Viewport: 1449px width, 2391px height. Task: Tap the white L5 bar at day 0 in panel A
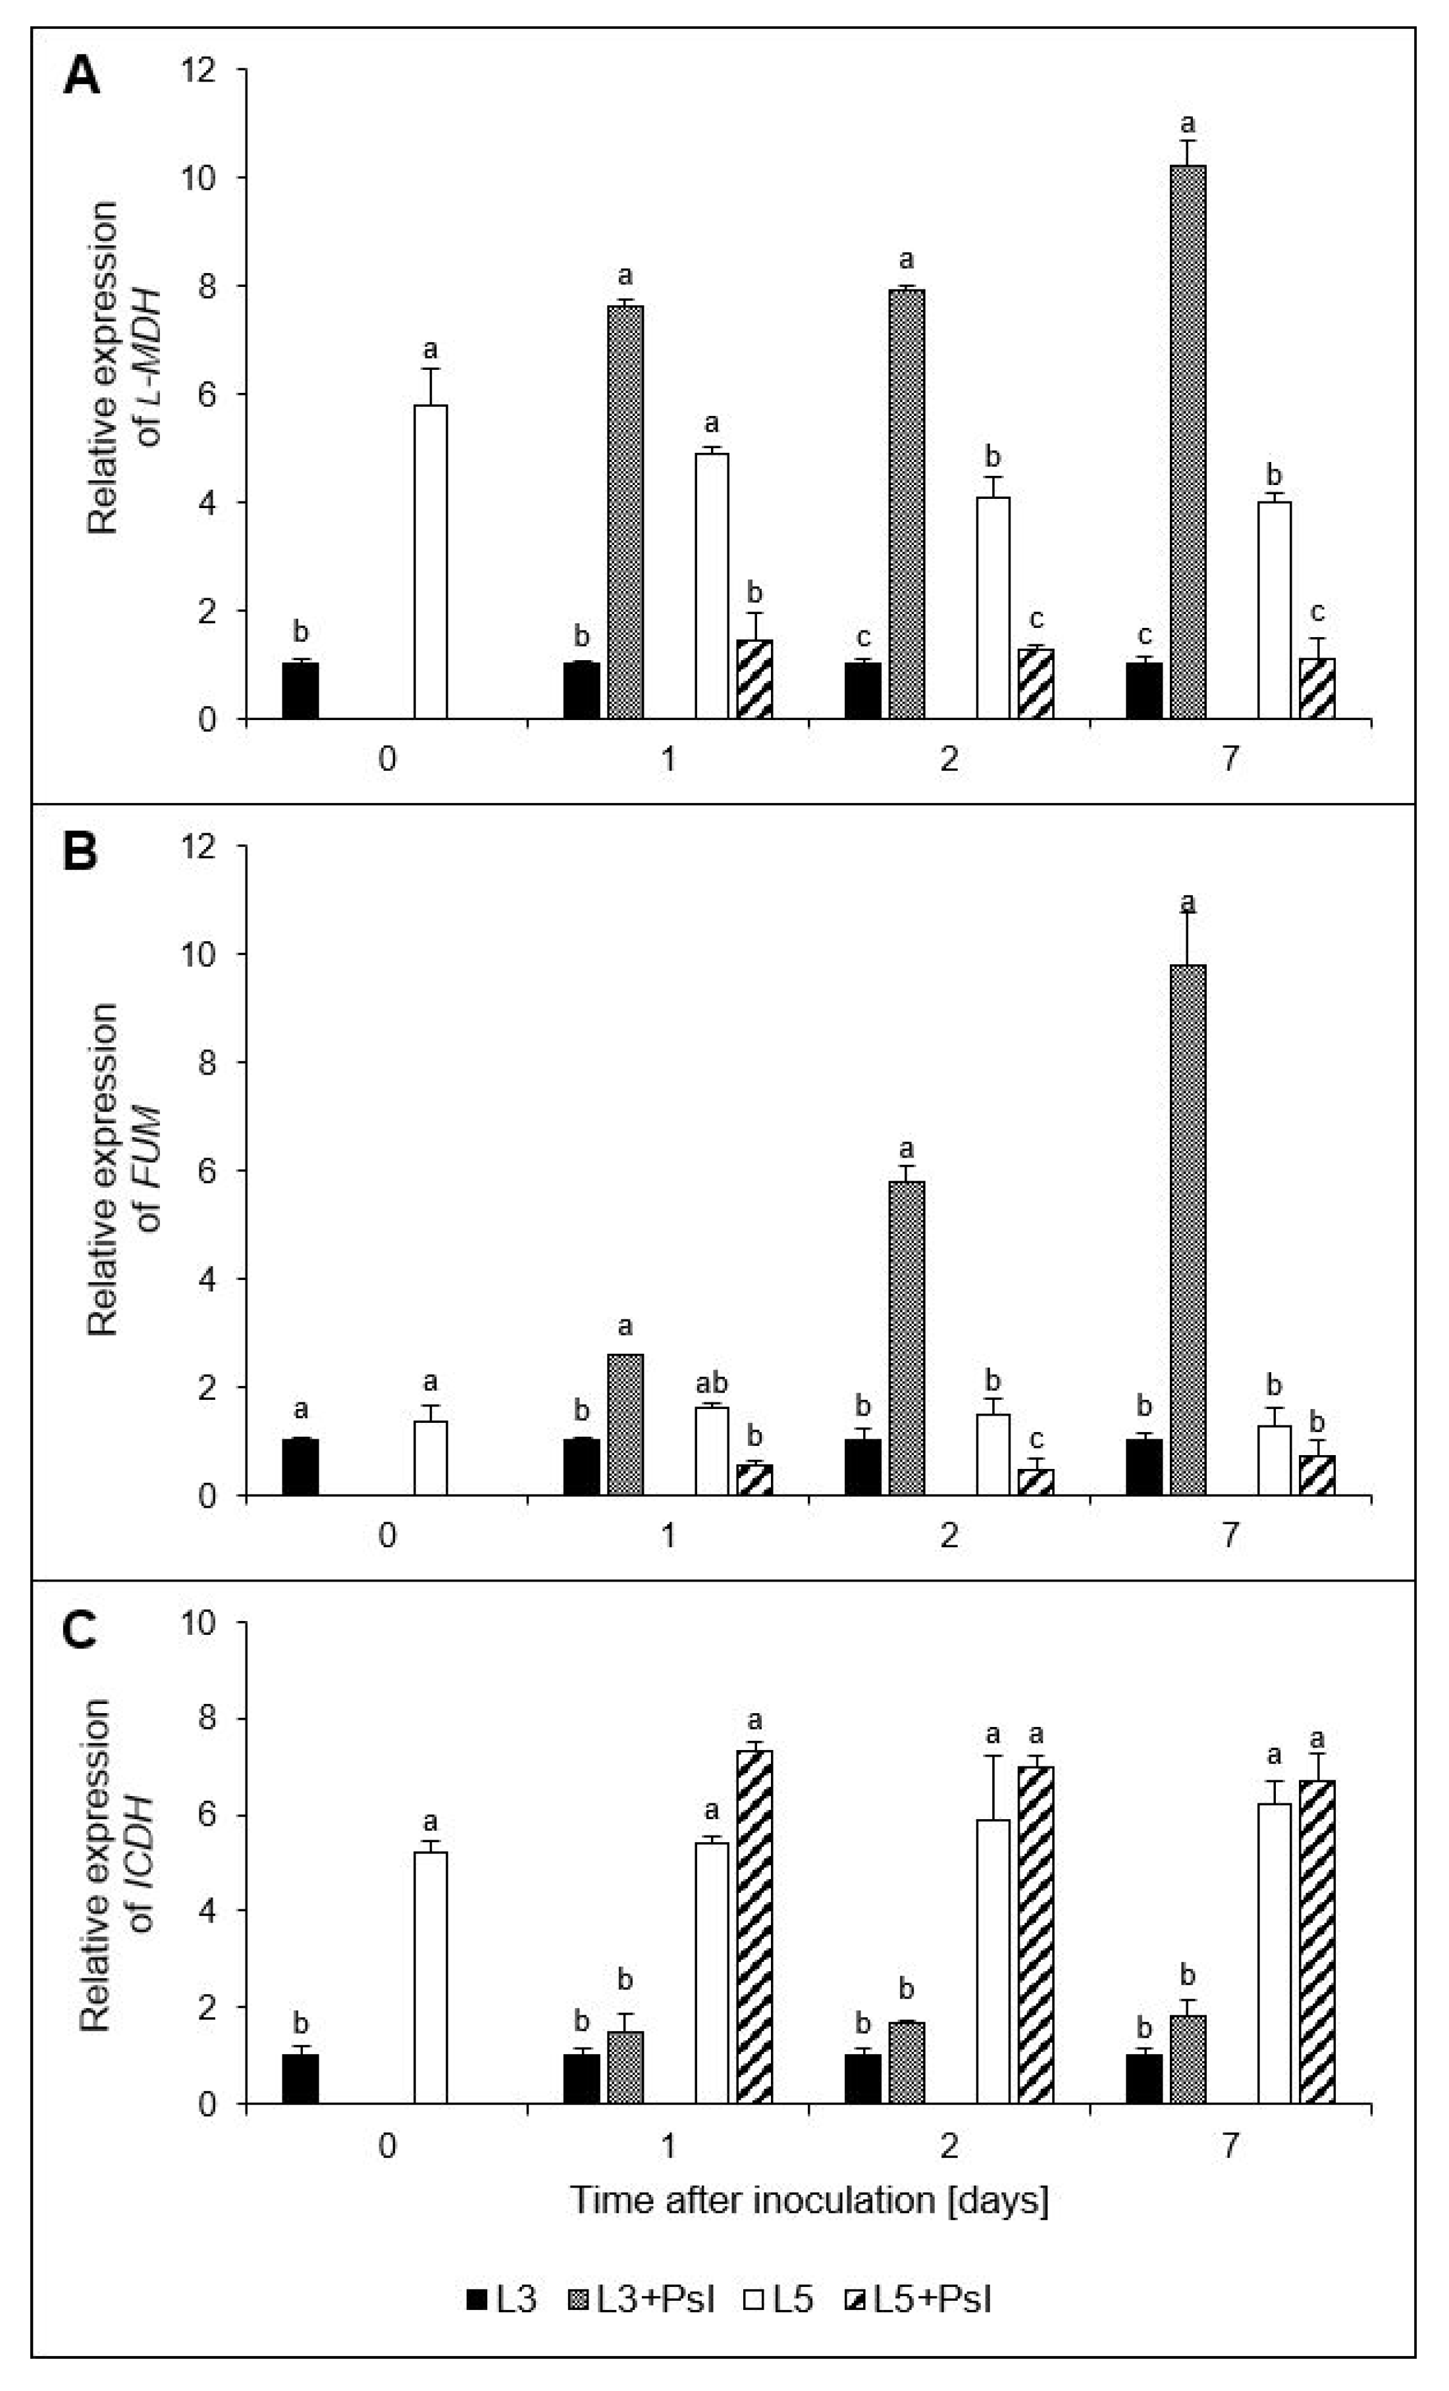(430, 562)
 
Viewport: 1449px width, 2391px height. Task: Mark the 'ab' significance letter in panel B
(712, 1383)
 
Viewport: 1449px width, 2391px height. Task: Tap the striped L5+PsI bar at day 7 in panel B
(1317, 1475)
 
